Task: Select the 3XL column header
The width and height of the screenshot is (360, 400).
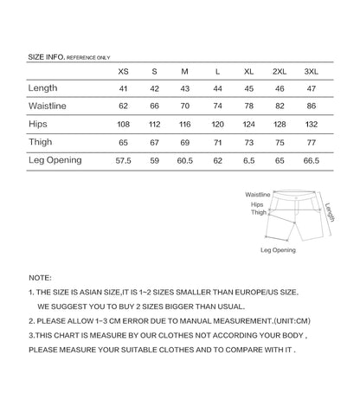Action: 311,71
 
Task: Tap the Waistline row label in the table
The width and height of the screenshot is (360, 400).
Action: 48,106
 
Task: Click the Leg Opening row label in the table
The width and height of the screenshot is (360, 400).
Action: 55,160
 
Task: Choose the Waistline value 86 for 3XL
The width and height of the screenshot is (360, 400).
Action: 311,106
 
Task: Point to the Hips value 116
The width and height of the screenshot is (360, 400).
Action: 185,125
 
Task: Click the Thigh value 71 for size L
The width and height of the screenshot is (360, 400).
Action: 216,143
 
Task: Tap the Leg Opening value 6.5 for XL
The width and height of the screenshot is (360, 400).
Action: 248,161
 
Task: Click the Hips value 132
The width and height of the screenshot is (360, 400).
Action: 311,125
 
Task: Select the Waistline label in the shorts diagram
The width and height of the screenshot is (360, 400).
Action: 258,196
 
